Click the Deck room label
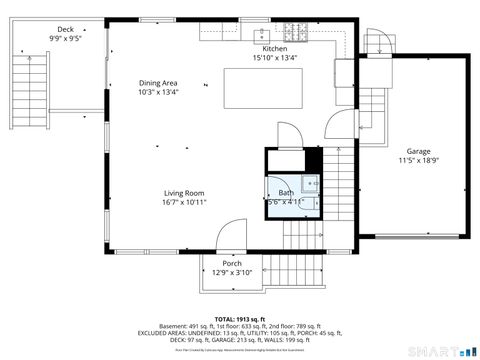(66, 30)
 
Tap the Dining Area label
(158, 83)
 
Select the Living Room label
(184, 193)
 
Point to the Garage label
(419, 150)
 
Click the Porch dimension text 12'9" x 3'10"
(232, 273)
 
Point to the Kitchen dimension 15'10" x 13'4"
(275, 58)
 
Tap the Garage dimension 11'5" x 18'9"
(419, 160)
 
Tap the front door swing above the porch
(228, 236)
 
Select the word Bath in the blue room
(286, 193)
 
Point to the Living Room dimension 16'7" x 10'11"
(184, 203)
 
